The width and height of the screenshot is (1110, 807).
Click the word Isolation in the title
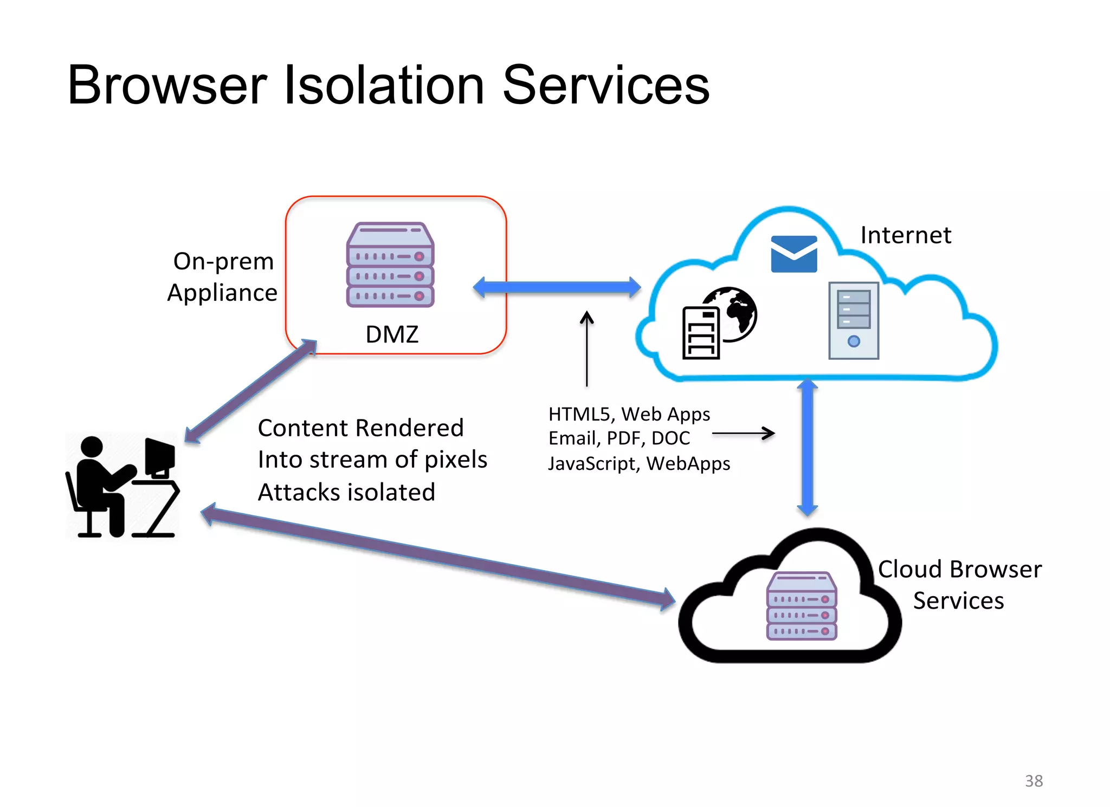(384, 86)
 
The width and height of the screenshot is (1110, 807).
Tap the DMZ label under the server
(392, 334)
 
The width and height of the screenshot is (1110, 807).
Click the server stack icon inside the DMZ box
(390, 265)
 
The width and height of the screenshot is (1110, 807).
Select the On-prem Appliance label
(223, 277)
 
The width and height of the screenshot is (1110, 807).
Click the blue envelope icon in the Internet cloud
(793, 254)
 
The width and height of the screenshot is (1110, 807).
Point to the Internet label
(906, 235)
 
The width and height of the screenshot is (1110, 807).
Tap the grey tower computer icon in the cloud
(853, 320)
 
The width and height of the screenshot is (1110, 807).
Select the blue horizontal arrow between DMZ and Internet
(557, 287)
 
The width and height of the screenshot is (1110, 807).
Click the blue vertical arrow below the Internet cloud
(807, 447)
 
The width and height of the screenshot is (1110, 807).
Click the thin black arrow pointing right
(743, 433)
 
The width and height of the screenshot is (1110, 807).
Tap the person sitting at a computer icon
(122, 487)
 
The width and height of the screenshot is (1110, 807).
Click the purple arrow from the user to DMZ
(250, 391)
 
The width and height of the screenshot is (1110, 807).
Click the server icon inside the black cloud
(802, 606)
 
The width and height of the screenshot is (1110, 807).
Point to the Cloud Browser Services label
(959, 585)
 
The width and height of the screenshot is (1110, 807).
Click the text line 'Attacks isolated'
(346, 492)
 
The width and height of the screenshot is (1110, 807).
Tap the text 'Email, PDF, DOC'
(619, 438)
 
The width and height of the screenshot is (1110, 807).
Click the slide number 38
(1034, 781)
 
